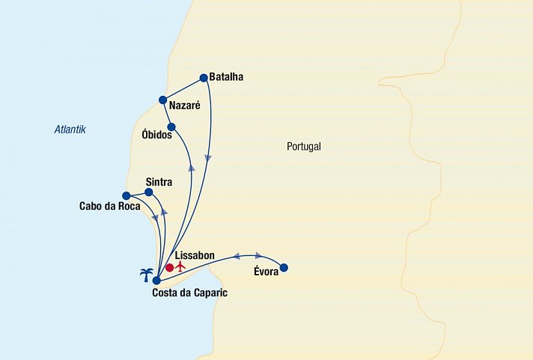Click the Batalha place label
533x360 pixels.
tap(228, 77)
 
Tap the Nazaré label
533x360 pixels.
tap(185, 106)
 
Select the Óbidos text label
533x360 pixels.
tap(157, 135)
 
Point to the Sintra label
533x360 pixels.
tap(159, 182)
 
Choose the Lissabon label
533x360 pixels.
tap(194, 256)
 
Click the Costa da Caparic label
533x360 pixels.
tap(189, 293)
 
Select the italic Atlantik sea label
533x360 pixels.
tap(70, 129)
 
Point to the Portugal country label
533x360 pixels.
tap(303, 147)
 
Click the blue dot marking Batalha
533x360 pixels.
tap(204, 76)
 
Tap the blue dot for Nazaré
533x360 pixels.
tap(162, 100)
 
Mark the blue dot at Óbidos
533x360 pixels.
tap(171, 126)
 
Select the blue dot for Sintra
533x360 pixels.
tap(148, 192)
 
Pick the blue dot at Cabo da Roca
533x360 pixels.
tap(126, 196)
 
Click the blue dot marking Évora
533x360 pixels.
tap(283, 267)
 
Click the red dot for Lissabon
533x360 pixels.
tap(169, 267)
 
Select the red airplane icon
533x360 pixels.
tap(180, 266)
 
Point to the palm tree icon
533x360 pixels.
tap(147, 274)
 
